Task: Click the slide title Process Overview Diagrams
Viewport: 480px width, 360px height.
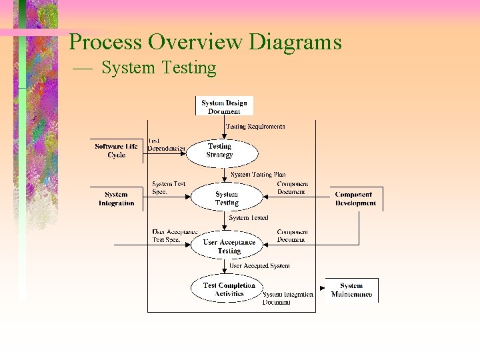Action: click(205, 42)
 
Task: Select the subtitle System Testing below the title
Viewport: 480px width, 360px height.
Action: click(159, 68)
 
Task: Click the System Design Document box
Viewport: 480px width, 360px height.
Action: click(224, 107)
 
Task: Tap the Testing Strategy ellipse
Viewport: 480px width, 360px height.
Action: click(220, 151)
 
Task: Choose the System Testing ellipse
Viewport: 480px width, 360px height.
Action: click(227, 198)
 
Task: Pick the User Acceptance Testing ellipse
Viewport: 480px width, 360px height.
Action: click(229, 246)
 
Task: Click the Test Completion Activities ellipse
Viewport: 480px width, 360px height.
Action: click(229, 289)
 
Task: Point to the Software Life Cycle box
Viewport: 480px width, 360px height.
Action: click(116, 151)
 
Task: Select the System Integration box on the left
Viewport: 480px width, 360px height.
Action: click(116, 199)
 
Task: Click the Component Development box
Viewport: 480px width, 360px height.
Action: click(355, 199)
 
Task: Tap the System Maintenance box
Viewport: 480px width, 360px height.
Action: click(351, 290)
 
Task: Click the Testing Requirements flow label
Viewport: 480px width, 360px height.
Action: click(255, 126)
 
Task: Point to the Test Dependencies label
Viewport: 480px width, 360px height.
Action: click(166, 145)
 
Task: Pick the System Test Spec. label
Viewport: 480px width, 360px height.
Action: click(169, 187)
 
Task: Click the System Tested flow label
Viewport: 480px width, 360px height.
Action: click(249, 218)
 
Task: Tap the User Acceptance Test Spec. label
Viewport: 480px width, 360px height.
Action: click(175, 235)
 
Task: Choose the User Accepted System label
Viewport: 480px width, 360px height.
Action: click(259, 265)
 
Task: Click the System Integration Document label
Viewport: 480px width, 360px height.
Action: click(287, 298)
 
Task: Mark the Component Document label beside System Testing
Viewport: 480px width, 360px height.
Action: click(291, 187)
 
